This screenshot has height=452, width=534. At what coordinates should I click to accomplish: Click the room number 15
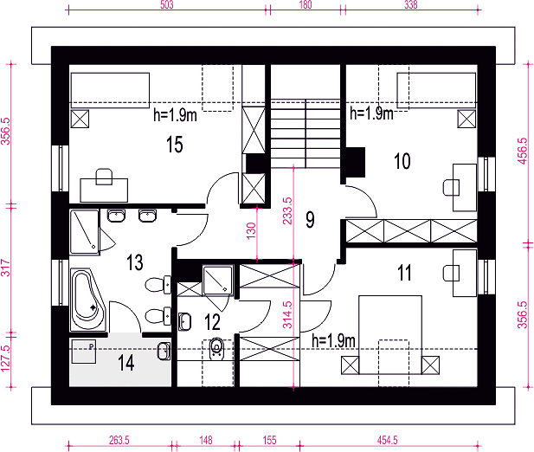[x=174, y=144]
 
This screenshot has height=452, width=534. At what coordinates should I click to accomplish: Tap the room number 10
[x=402, y=161]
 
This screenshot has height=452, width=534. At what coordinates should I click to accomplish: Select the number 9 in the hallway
[x=310, y=220]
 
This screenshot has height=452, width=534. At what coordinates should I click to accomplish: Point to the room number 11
[x=405, y=273]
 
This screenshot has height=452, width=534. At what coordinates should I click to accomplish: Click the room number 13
[x=135, y=262]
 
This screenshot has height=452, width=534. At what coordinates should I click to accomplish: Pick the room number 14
[x=126, y=363]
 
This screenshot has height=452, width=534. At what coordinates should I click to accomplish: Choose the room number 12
[x=213, y=322]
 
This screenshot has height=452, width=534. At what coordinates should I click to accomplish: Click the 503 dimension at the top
[x=166, y=4]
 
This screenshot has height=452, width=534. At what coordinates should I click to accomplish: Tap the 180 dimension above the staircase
[x=306, y=4]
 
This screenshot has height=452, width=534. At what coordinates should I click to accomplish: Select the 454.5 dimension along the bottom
[x=387, y=440]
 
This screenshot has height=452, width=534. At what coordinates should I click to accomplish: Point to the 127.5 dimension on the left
[x=5, y=358]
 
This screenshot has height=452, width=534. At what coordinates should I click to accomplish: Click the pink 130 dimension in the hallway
[x=251, y=231]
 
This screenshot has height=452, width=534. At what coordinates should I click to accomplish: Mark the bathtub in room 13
[x=88, y=300]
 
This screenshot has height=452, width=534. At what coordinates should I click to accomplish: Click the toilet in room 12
[x=216, y=348]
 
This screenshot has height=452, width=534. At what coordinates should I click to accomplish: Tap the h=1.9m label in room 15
[x=175, y=115]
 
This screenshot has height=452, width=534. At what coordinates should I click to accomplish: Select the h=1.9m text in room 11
[x=333, y=340]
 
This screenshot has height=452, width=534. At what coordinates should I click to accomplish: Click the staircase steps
[x=306, y=133]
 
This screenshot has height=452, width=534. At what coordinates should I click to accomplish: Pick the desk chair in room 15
[x=104, y=177]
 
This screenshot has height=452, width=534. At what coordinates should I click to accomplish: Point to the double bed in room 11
[x=390, y=335]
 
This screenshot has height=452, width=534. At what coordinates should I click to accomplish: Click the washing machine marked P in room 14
[x=83, y=352]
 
